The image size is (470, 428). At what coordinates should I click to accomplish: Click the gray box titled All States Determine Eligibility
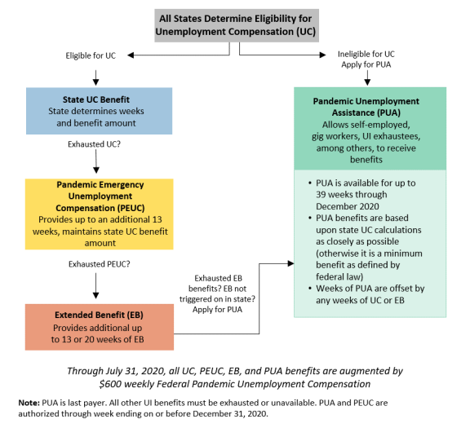[x=237, y=25]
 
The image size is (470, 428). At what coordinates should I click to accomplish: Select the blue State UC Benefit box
[x=99, y=111]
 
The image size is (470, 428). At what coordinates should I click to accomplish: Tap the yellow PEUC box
[x=100, y=214]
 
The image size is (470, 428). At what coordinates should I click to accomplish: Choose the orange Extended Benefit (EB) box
[x=100, y=327]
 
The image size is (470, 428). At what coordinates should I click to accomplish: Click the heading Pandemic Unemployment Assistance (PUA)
[x=366, y=107]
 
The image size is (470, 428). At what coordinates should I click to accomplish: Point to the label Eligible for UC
[x=91, y=55]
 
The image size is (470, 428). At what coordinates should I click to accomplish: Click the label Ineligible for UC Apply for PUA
[x=366, y=60]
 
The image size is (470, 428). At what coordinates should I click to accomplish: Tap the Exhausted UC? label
[x=94, y=144]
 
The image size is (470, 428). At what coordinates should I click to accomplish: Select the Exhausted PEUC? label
[x=100, y=264]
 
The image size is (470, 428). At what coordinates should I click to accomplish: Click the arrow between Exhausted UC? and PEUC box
[x=96, y=161]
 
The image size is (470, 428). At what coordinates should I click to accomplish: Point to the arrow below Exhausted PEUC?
[x=96, y=285]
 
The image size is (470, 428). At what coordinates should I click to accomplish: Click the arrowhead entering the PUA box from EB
[x=290, y=263]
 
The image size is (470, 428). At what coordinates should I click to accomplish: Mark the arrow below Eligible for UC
[x=96, y=78]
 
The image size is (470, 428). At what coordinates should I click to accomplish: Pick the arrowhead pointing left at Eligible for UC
[x=131, y=55]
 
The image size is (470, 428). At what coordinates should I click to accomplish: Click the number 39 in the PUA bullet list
[x=321, y=195]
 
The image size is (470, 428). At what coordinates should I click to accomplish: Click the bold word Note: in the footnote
[x=29, y=403]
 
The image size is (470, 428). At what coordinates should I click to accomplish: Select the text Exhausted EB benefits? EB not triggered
[x=217, y=289]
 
